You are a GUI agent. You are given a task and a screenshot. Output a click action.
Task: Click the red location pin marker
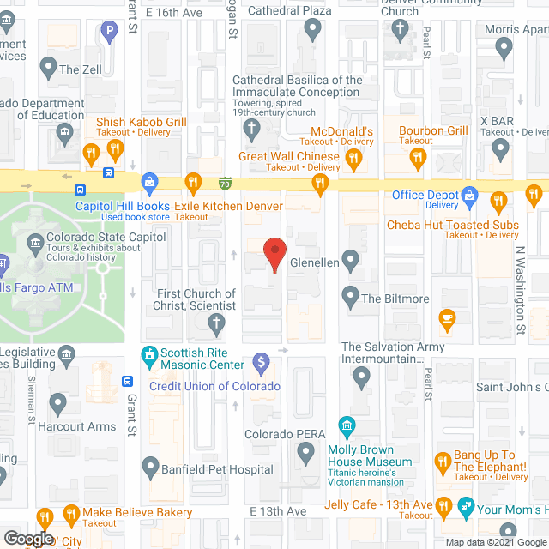[x=274, y=254]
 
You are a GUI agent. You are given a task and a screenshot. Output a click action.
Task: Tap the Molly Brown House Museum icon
[x=348, y=425]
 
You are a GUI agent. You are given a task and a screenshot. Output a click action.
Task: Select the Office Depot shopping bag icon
[x=469, y=196]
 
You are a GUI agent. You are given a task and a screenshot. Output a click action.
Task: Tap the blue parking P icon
[x=109, y=33]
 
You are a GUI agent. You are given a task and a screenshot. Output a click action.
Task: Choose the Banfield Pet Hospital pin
[x=150, y=468]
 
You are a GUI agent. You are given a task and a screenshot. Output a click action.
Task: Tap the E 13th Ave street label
[x=278, y=511]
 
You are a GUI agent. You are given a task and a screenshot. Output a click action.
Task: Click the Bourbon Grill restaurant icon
[x=418, y=156]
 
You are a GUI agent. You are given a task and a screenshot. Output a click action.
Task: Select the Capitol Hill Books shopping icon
[x=150, y=182]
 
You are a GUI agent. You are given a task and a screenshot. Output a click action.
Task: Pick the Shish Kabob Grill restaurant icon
[x=91, y=154]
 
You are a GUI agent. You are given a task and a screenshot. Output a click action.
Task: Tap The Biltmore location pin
[x=350, y=298]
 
